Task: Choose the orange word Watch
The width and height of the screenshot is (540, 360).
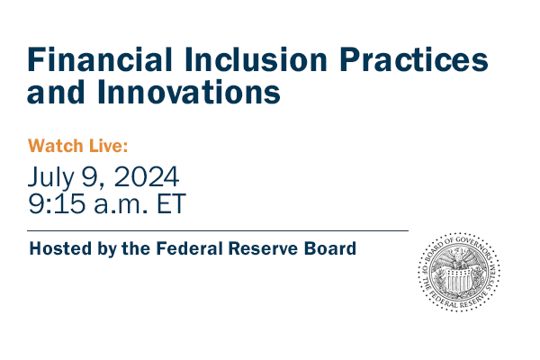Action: [x=56, y=145]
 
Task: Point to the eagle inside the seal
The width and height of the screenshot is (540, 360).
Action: [x=459, y=270]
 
